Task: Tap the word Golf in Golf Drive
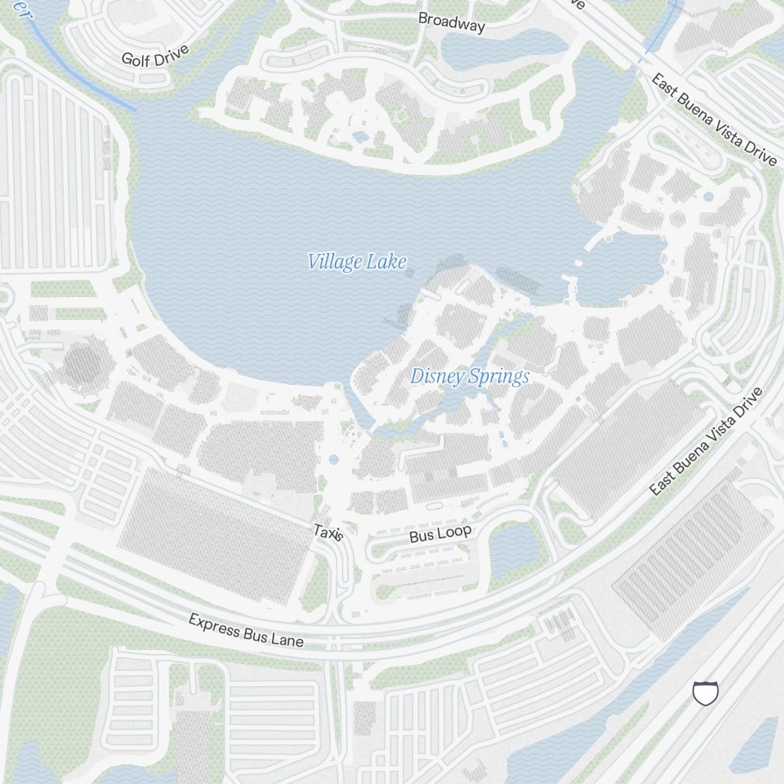pos(137,59)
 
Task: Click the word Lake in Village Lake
pos(388,262)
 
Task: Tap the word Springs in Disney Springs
pos(499,377)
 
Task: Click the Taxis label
pos(328,532)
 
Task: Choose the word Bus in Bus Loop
pos(422,538)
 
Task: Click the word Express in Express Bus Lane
pos(215,625)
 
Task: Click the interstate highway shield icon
pos(705,692)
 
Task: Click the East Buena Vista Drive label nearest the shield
pos(706,441)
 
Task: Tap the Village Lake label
pos(357,262)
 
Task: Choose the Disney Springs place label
pos(470,377)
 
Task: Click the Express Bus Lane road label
pos(245,630)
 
